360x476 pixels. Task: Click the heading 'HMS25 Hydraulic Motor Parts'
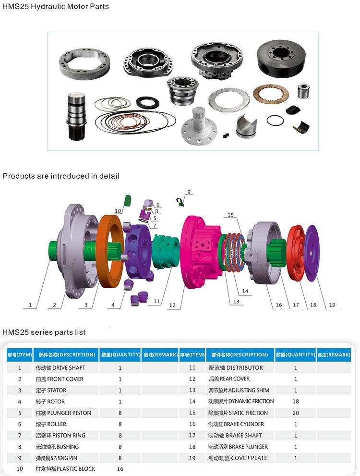point(56,7)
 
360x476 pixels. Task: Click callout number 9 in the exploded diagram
point(189,192)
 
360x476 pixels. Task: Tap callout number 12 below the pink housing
point(172,305)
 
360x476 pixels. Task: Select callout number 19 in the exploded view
point(332,305)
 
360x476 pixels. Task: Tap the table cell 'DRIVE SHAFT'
point(60,368)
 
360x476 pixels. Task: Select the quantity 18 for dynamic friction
point(296,402)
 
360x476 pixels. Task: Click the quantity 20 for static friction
point(296,413)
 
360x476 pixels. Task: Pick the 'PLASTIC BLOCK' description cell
point(65,469)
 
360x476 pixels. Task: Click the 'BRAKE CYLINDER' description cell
point(236,424)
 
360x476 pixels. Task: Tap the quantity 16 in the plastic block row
point(120,469)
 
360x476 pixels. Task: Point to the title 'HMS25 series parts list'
point(44,332)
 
